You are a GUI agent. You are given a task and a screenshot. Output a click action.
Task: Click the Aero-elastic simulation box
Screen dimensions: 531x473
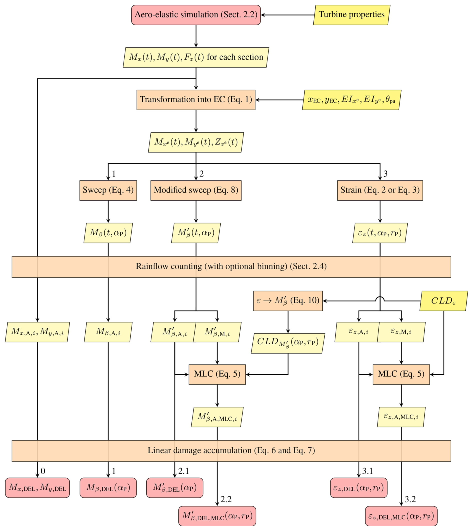point(196,15)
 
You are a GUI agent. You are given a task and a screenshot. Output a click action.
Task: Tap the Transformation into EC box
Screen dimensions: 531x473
point(196,100)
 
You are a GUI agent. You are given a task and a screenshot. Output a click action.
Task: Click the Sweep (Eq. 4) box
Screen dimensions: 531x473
point(108,190)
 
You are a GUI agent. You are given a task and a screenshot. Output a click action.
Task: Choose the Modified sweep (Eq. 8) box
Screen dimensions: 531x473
point(196,190)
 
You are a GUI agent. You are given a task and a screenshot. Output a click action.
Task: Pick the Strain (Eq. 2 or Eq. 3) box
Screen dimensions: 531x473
point(380,190)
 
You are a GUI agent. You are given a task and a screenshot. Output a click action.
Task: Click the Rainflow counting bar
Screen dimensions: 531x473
point(231,267)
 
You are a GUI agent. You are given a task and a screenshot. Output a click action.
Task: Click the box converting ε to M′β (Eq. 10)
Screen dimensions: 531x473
point(288,301)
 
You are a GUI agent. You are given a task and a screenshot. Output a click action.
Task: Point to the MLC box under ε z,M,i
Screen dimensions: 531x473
point(401,374)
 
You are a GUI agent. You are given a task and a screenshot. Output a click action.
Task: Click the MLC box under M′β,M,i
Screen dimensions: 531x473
point(217,374)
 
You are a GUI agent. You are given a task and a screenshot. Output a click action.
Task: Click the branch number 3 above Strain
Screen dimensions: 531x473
point(385,174)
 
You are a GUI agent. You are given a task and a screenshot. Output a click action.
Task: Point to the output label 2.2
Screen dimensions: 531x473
point(226,499)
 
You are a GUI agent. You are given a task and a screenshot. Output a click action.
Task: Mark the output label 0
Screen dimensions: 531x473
point(43,471)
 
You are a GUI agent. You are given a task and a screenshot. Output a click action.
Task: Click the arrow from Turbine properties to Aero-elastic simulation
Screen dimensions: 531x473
point(287,15)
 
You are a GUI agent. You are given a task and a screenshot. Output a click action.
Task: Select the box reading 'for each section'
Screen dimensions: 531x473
point(196,57)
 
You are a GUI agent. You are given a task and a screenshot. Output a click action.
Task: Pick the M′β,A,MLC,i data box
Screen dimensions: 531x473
point(217,417)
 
